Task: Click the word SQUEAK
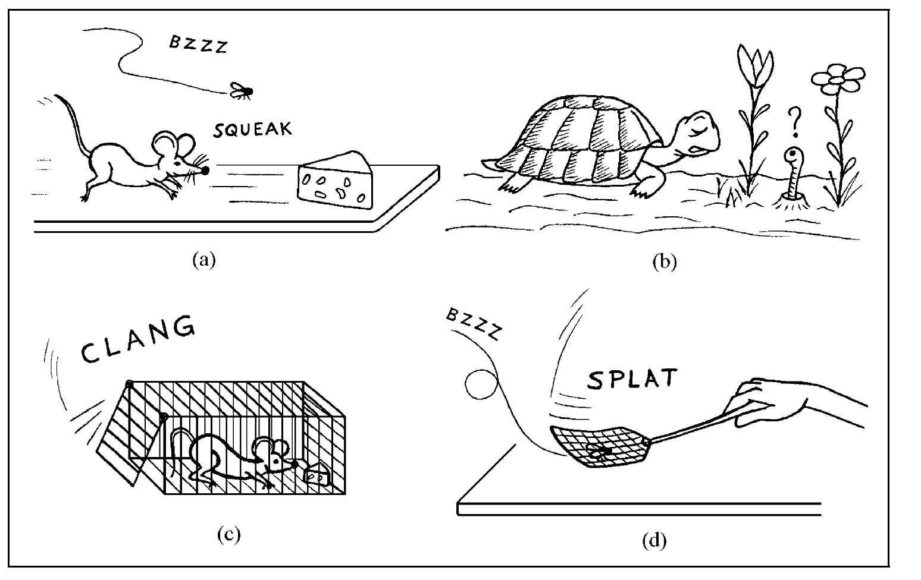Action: [x=253, y=130]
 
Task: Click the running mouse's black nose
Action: [x=205, y=171]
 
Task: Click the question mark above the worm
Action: [x=792, y=121]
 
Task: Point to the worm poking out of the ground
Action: [x=792, y=169]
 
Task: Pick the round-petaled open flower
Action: [x=838, y=79]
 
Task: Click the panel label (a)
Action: [x=203, y=260]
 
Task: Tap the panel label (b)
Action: [x=664, y=262]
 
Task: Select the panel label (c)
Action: [x=228, y=535]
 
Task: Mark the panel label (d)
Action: [x=654, y=541]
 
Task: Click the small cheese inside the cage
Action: [x=317, y=476]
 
